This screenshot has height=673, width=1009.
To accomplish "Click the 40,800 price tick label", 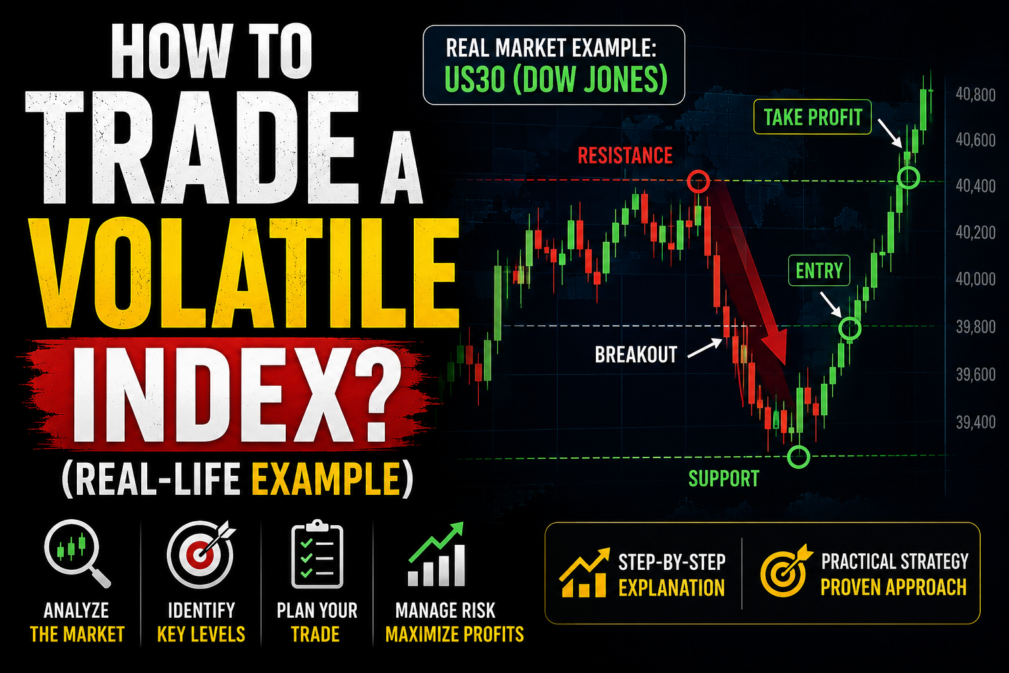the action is pyautogui.click(x=975, y=95).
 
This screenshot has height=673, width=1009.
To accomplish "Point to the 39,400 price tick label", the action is pyautogui.click(x=975, y=423).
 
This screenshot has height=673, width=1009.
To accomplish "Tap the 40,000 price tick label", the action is pyautogui.click(x=975, y=279).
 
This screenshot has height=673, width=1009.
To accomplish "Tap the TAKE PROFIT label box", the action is pyautogui.click(x=812, y=117).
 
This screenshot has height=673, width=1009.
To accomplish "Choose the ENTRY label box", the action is pyautogui.click(x=819, y=271).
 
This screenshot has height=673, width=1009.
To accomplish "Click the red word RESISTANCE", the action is pyautogui.click(x=625, y=156).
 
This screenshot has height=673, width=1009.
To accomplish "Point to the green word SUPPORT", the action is pyautogui.click(x=723, y=478).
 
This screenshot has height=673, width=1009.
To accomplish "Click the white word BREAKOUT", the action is pyautogui.click(x=636, y=355).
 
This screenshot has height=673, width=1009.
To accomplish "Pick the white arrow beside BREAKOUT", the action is pyautogui.click(x=705, y=348).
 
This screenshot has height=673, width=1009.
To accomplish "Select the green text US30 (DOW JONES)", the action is pyautogui.click(x=555, y=80).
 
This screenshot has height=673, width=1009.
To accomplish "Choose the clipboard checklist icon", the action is pyautogui.click(x=317, y=555).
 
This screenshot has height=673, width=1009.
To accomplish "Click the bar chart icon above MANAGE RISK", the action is pyautogui.click(x=436, y=554).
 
